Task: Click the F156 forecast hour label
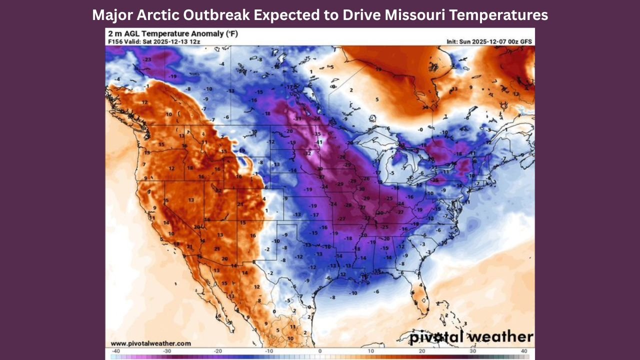point(115,41)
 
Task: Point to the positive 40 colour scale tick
point(524,351)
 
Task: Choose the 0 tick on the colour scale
point(319,351)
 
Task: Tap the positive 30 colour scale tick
point(473,351)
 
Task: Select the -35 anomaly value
point(317,134)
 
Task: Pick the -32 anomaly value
point(308,153)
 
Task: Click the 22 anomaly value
point(218,190)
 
